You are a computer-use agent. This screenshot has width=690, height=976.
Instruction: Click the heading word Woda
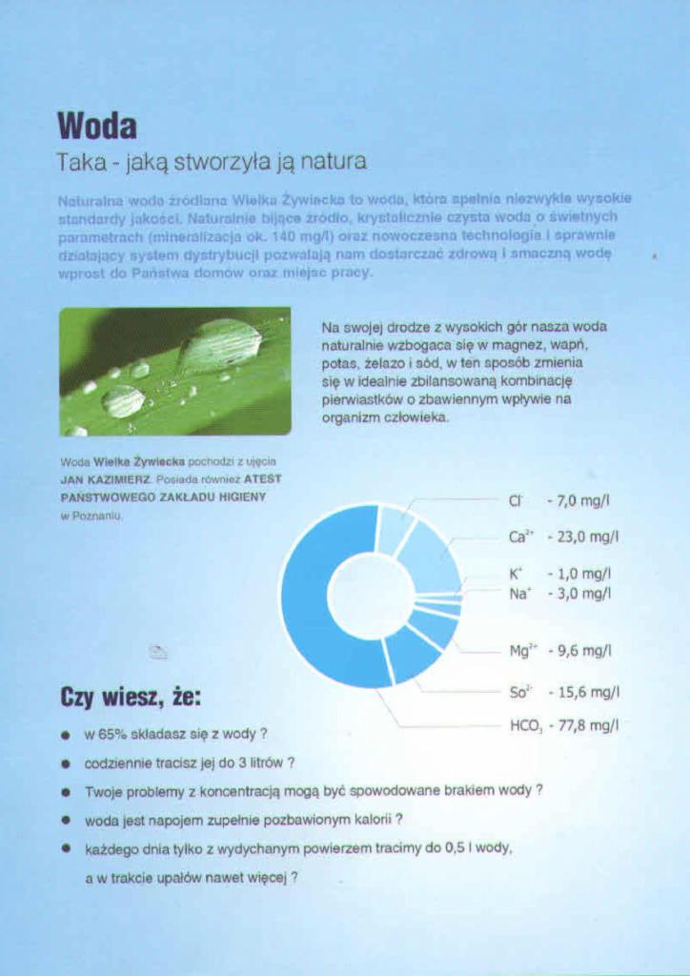click(97, 125)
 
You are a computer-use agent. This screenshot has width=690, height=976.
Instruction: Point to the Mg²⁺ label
click(521, 652)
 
